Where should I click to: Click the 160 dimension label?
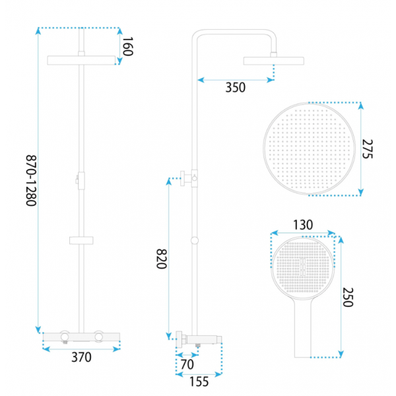127,46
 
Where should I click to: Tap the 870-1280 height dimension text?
32,181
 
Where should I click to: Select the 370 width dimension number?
81,357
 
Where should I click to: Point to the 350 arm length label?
236,88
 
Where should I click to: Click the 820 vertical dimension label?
162,259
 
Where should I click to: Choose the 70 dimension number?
187,364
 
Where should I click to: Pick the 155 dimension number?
199,381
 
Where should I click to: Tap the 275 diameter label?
368,149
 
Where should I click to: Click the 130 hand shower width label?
303,225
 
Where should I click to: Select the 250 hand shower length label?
348,297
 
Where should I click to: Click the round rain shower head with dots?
309,148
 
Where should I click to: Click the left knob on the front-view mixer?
65,336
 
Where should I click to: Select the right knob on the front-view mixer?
98,336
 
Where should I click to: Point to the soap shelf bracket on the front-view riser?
81,240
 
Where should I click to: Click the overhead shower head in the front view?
81,60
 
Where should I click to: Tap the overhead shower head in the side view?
273,61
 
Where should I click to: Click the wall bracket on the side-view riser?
189,178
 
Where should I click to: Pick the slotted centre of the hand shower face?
303,267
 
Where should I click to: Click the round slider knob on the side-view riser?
195,241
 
